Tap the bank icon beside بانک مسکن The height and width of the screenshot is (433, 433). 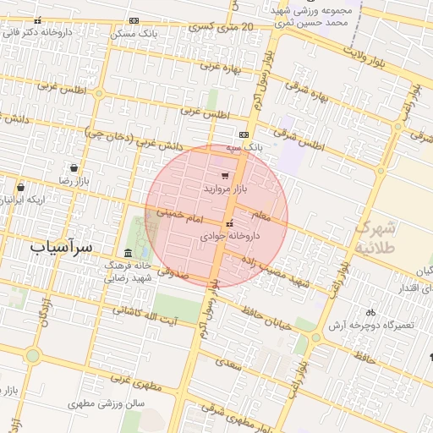(134, 20)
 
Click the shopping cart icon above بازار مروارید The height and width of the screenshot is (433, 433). (224, 173)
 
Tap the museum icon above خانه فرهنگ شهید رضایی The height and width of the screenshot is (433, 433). (128, 253)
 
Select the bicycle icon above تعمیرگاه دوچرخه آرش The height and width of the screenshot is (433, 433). (370, 310)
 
